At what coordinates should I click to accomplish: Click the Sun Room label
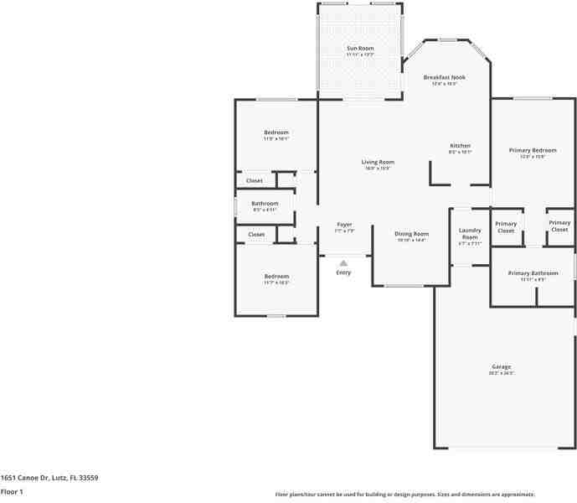[360, 49]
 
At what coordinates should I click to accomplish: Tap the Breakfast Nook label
[444, 77]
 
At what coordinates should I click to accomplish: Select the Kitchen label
[460, 146]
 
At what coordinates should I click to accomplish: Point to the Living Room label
[378, 162]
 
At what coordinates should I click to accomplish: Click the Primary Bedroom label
[533, 150]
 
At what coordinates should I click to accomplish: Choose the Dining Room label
[412, 234]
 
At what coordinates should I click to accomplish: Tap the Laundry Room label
[469, 233]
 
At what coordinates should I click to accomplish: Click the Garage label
[501, 366]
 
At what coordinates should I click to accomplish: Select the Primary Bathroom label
[533, 273]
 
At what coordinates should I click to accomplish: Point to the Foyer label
[344, 225]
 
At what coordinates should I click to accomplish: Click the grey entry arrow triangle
[343, 262]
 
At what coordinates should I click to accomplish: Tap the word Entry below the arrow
[343, 272]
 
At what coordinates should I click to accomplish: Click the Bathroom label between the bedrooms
[265, 204]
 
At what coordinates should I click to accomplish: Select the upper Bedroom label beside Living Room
[276, 133]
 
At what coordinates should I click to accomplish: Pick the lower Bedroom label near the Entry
[276, 277]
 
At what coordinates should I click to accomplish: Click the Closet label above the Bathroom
[254, 180]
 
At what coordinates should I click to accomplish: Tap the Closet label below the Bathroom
[255, 235]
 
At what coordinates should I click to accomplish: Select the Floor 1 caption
[12, 492]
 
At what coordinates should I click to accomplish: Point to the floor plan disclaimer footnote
[404, 495]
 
